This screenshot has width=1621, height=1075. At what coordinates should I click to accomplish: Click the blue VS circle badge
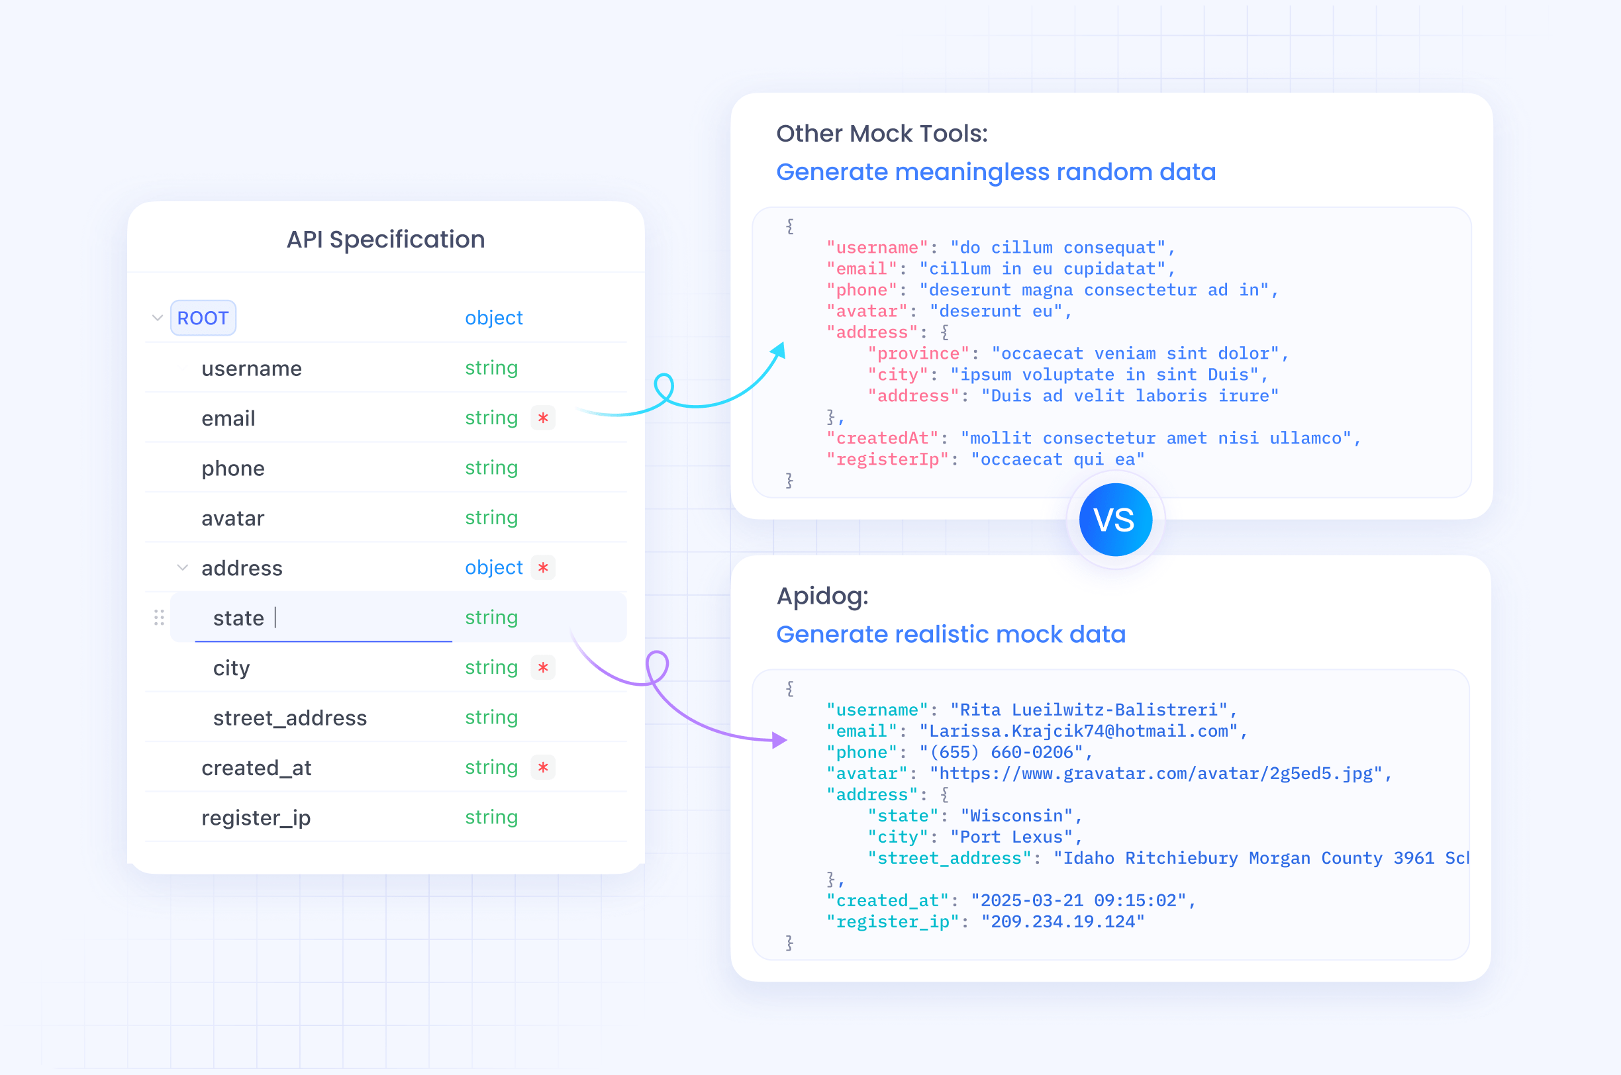[x=1116, y=520]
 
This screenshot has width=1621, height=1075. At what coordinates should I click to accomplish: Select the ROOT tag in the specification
[x=203, y=318]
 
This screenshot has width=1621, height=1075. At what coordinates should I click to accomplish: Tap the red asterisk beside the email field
[x=543, y=418]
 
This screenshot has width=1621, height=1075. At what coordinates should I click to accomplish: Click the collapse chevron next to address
[x=182, y=568]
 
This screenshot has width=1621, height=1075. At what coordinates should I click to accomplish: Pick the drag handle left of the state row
[x=159, y=618]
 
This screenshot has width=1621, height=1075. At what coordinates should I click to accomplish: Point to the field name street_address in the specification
[x=290, y=718]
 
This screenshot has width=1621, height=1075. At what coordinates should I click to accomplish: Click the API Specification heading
[x=385, y=239]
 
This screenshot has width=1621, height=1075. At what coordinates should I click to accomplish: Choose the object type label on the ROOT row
[x=494, y=318]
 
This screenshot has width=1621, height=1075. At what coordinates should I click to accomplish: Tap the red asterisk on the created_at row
[x=543, y=767]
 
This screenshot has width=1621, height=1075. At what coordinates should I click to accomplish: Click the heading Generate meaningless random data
[x=996, y=171]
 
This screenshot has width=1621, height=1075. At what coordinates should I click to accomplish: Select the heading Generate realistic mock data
[x=950, y=634]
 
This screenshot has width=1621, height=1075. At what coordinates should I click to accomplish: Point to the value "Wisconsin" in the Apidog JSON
[x=1017, y=816]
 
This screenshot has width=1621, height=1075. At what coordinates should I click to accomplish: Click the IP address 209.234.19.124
[x=1063, y=921]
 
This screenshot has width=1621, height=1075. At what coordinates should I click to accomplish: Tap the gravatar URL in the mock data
[x=1156, y=773]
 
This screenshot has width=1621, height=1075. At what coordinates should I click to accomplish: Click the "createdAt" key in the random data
[x=883, y=438]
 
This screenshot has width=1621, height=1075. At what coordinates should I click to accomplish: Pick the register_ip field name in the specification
[x=256, y=818]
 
